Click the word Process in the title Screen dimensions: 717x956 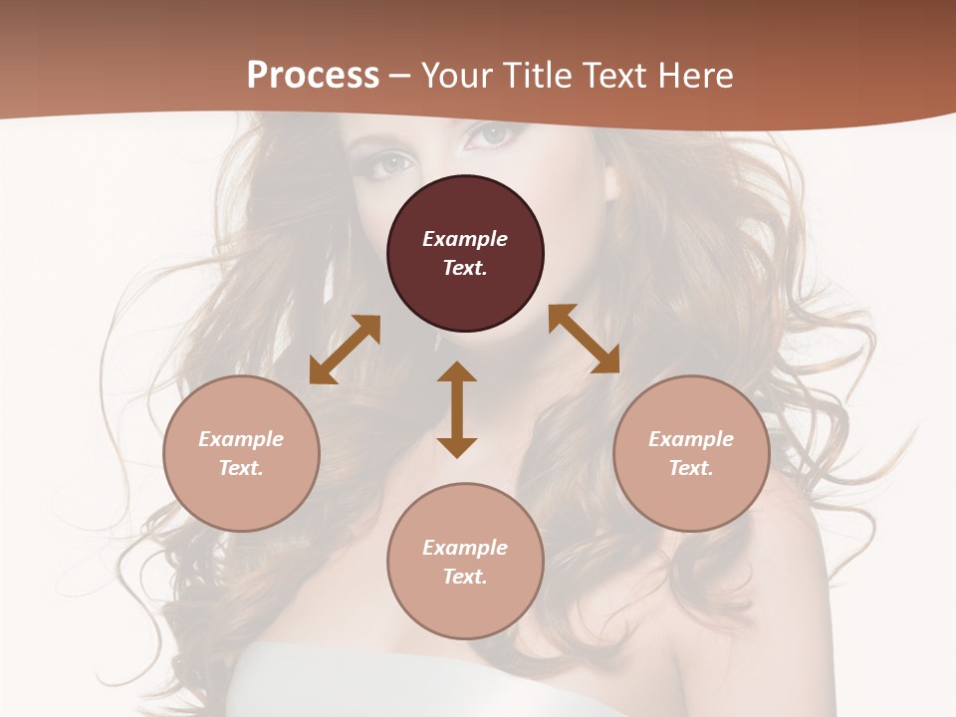pyautogui.click(x=313, y=75)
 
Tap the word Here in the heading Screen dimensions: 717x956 pyautogui.click(x=697, y=75)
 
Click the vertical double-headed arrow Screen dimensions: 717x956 pyautogui.click(x=457, y=409)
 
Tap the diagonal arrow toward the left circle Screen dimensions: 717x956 pyautogui.click(x=345, y=350)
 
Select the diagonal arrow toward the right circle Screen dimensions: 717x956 pyautogui.click(x=584, y=339)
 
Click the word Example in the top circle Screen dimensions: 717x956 pyautogui.click(x=465, y=239)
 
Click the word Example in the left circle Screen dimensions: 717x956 pyautogui.click(x=241, y=439)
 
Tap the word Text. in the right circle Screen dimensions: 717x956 pyautogui.click(x=691, y=468)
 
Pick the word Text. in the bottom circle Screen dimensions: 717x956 pyautogui.click(x=465, y=577)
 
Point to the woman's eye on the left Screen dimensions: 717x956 pyautogui.click(x=395, y=161)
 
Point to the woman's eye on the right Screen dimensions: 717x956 pyautogui.click(x=493, y=133)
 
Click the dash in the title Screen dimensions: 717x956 pyautogui.click(x=400, y=76)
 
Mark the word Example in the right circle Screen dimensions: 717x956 pyautogui.click(x=691, y=439)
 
